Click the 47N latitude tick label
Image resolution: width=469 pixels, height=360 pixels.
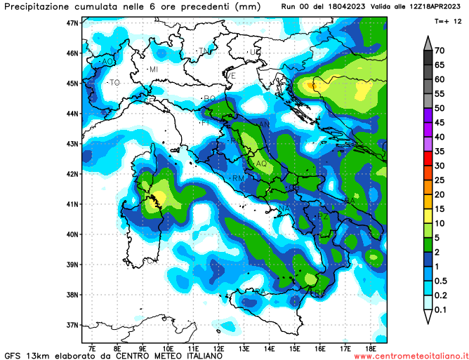(72, 22)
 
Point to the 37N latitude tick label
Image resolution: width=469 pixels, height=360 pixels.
(72, 325)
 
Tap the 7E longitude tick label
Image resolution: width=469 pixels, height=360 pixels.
(93, 347)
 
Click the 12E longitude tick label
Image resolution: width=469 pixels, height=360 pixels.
(219, 347)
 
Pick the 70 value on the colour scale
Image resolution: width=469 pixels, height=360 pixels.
(441, 51)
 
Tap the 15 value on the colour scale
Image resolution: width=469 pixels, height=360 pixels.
(441, 209)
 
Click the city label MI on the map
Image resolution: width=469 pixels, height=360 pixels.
(152, 69)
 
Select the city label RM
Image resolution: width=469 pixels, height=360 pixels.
(238, 178)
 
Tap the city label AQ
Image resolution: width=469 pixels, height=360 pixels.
(261, 164)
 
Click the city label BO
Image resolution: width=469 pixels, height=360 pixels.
(209, 98)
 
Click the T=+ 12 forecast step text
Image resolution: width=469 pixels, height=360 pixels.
(448, 22)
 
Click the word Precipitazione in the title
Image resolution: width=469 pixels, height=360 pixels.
(39, 7)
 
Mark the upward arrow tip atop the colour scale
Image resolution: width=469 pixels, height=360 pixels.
(427, 36)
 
